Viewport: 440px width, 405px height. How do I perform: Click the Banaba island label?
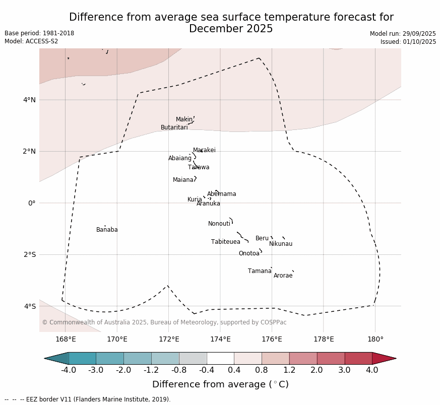[x=107, y=230]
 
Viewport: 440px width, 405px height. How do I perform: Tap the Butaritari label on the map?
[x=174, y=127]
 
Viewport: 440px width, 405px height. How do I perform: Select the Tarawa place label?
[x=199, y=167]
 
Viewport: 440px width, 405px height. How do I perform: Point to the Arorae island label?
[x=283, y=276]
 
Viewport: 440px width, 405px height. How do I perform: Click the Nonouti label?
[x=219, y=224]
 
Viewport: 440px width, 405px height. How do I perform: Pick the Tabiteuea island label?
[x=225, y=242]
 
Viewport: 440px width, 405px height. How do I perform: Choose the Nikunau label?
[x=281, y=244]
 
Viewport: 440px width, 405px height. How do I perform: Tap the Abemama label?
[x=221, y=194]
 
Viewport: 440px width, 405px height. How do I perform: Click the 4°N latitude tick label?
[x=29, y=100]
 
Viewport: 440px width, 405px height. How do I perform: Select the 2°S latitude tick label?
[x=29, y=254]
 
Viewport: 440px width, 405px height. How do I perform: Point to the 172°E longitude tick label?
[x=169, y=339]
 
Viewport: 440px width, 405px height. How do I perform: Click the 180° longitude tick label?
[x=375, y=339]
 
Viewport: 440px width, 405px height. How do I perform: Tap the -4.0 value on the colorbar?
[x=68, y=370]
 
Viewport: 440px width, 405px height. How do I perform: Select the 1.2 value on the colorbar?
[x=289, y=370]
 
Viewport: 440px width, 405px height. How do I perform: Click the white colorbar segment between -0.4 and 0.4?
[x=220, y=358]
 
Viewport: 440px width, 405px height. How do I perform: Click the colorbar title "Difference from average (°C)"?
[x=220, y=384]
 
